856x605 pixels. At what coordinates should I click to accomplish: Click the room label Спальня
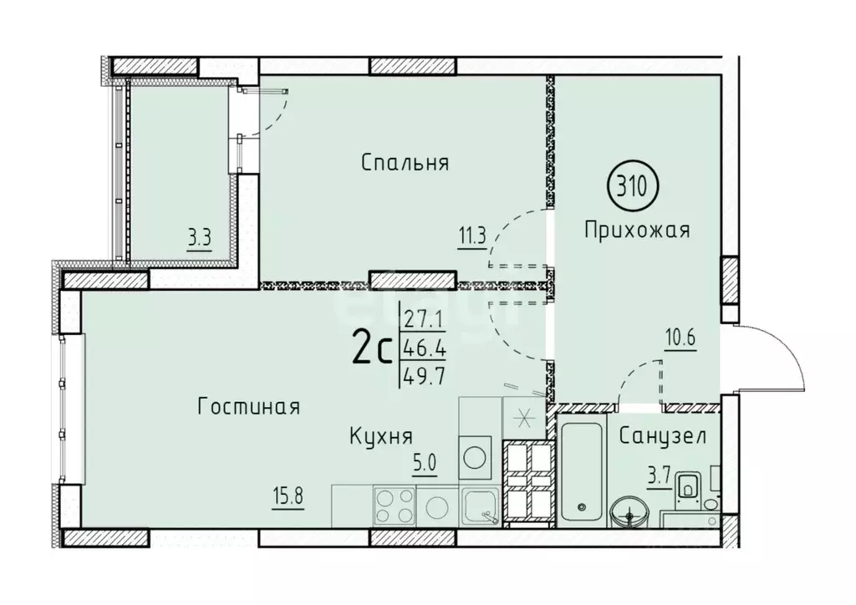point(405,163)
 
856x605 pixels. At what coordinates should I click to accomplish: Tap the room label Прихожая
point(638,230)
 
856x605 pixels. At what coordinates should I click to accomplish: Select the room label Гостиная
point(249,407)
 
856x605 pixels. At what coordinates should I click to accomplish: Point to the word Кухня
point(381,435)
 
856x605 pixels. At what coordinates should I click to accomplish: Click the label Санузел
point(663,435)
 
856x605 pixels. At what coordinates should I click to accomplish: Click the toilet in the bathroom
point(689,486)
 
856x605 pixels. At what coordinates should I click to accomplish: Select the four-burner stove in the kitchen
point(394,505)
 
